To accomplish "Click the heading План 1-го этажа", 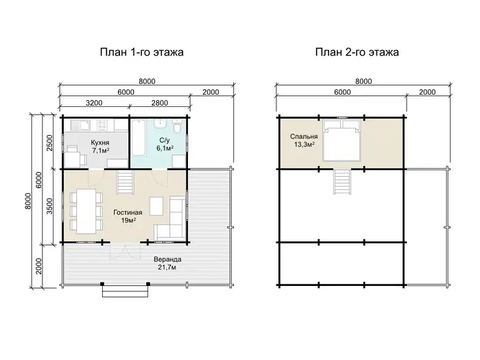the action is point(142,52).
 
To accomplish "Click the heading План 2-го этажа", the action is point(357,52).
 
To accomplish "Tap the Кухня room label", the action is point(100,143).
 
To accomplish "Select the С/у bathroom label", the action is point(165,141).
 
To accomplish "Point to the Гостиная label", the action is point(128,213).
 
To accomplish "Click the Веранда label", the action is point(167,259).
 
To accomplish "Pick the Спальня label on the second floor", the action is point(304,136).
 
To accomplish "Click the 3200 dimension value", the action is point(94,103).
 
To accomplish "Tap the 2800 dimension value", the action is point(160,103).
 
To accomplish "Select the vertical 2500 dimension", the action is point(49,143).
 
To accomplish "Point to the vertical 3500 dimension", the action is point(49,206).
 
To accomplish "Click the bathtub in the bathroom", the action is point(139,137).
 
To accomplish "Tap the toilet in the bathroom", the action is point(177,127).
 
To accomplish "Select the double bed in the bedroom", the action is point(342,140).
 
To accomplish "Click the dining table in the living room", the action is point(86,211).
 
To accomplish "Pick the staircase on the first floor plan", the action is point(125,182).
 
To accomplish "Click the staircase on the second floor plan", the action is point(342,182).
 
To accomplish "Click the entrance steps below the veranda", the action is point(125,291).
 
